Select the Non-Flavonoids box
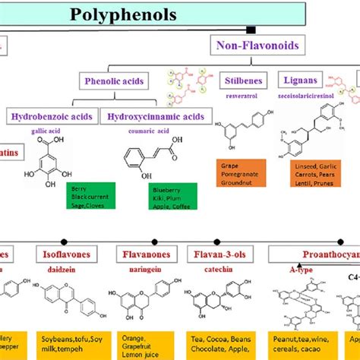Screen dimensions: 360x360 tap(256, 47)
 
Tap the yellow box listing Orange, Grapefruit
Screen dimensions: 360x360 tap(145, 343)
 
